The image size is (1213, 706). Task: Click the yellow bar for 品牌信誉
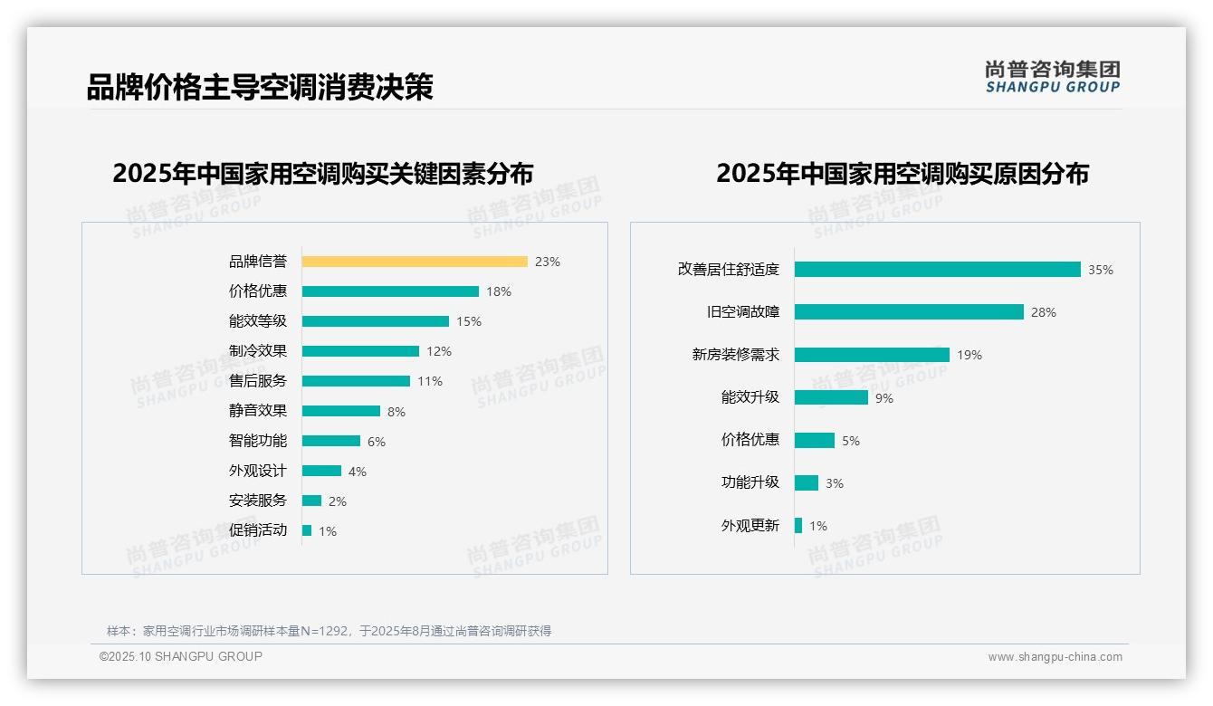(415, 262)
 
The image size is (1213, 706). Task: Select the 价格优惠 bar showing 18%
(390, 291)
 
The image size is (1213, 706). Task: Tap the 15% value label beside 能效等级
(469, 321)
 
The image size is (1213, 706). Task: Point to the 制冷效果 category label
(258, 351)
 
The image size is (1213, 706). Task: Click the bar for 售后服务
(356, 381)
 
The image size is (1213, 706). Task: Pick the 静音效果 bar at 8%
(341, 411)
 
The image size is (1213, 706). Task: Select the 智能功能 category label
(258, 441)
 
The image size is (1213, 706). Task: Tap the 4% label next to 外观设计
(358, 472)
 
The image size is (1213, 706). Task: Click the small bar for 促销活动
(307, 530)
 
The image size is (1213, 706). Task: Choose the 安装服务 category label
(258, 501)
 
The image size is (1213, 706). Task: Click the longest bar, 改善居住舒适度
(937, 270)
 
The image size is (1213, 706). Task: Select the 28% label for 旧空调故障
(1044, 312)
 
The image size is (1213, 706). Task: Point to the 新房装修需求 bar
(872, 355)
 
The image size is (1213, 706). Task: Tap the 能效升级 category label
(750, 397)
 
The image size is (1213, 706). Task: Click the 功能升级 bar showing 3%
(807, 483)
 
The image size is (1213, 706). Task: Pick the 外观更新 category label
(750, 526)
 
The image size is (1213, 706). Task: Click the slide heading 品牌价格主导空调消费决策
(260, 87)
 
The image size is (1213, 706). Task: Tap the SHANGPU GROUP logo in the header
(1052, 77)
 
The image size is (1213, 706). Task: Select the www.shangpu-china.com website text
(1055, 657)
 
